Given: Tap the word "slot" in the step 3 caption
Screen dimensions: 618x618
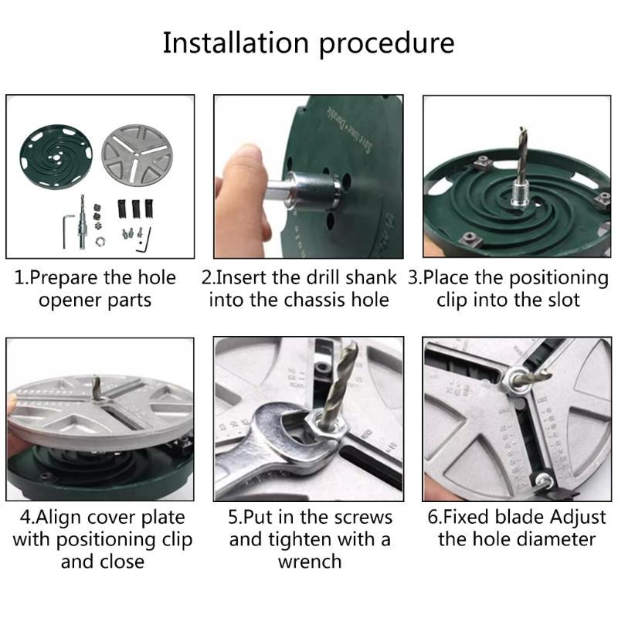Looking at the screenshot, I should coord(559,299).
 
